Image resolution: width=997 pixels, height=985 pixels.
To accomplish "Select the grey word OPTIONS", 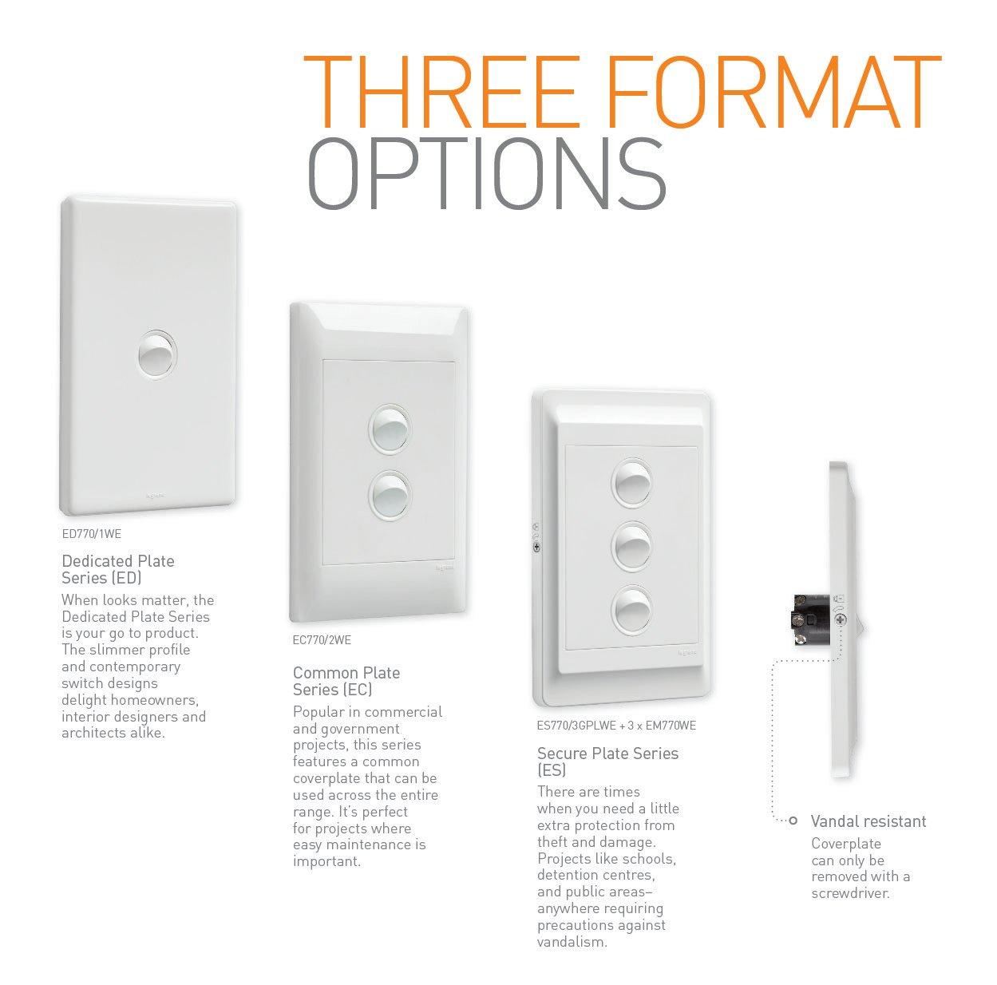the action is pyautogui.click(x=486, y=174).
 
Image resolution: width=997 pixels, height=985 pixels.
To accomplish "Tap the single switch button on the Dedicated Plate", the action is pyautogui.click(x=157, y=355).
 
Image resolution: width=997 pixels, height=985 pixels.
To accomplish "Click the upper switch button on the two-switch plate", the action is pyautogui.click(x=390, y=429).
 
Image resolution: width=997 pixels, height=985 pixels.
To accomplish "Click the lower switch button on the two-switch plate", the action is pyautogui.click(x=390, y=496).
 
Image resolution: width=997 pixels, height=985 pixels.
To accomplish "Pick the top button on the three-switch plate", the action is pyautogui.click(x=631, y=482).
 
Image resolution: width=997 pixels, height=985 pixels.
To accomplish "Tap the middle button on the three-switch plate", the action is pyautogui.click(x=631, y=546).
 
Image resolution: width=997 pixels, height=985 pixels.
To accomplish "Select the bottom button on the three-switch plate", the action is pyautogui.click(x=631, y=610).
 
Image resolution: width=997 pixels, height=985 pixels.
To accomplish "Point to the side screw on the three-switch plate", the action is pyautogui.click(x=536, y=547).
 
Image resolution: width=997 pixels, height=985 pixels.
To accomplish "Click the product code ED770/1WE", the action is pyautogui.click(x=92, y=534).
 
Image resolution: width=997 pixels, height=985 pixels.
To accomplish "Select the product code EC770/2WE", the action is pyautogui.click(x=322, y=640).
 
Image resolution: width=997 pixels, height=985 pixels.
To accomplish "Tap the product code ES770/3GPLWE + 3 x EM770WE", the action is pyautogui.click(x=616, y=726).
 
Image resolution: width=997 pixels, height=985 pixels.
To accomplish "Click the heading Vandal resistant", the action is pyautogui.click(x=868, y=821).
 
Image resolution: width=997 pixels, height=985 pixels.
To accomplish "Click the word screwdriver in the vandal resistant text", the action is pyautogui.click(x=850, y=894).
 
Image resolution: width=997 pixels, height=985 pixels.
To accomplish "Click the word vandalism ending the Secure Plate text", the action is pyautogui.click(x=572, y=942).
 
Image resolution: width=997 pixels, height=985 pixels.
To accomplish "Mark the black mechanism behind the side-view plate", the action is pyautogui.click(x=811, y=619).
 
